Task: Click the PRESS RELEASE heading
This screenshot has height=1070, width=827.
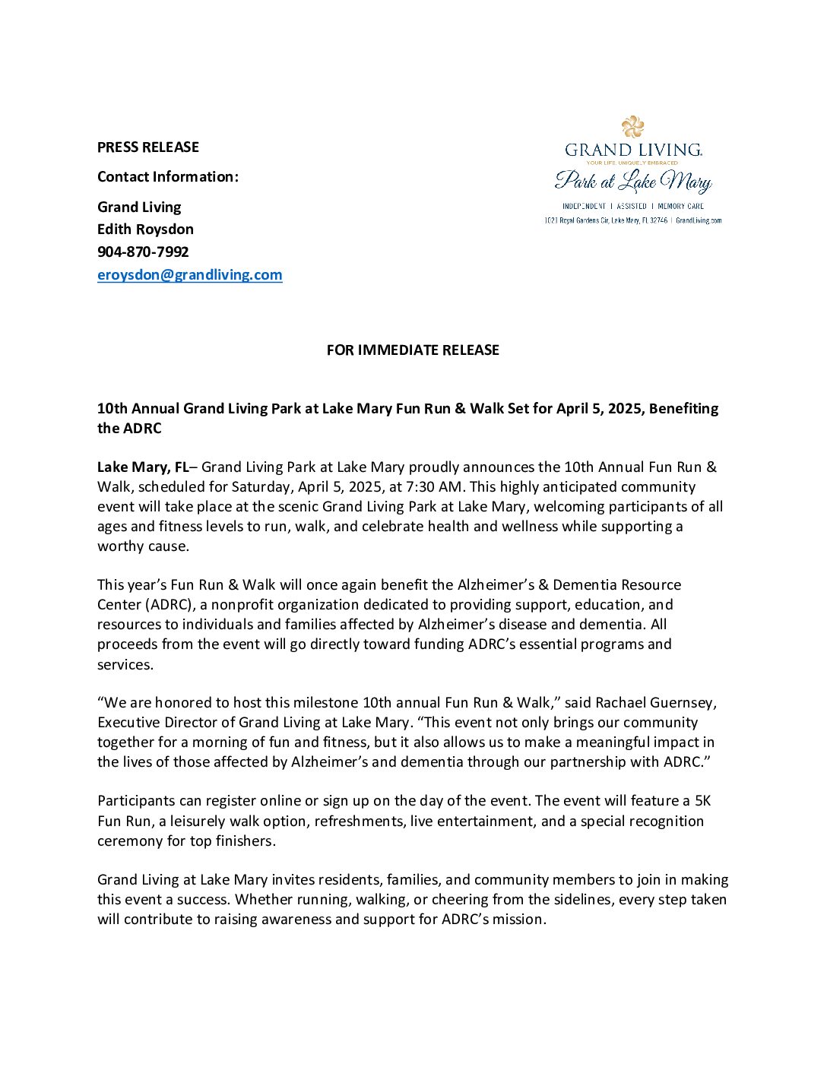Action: tap(148, 147)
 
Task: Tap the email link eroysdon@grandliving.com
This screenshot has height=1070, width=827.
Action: tap(190, 275)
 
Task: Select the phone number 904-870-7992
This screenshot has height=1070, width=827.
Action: tap(143, 252)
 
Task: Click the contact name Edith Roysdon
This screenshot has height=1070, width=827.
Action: tap(145, 230)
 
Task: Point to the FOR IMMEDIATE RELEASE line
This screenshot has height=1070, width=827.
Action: tap(413, 350)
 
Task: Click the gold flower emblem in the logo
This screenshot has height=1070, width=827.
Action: tap(632, 126)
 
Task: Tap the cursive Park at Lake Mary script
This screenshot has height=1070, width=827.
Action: tap(633, 182)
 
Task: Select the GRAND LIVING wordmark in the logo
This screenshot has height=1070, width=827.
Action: tap(633, 150)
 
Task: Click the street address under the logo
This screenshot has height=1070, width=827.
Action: tap(605, 220)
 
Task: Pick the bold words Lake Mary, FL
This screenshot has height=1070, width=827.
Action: tap(142, 467)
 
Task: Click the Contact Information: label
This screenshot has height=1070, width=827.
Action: tap(168, 177)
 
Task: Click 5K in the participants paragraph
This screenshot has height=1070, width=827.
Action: tap(702, 801)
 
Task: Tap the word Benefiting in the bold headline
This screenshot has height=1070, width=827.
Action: tap(683, 409)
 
